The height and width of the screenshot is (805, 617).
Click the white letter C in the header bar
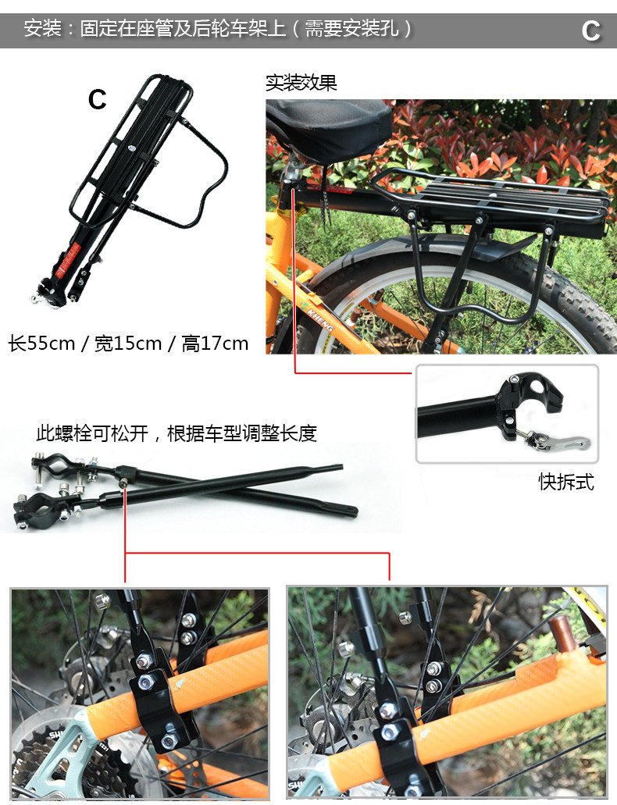[590, 30]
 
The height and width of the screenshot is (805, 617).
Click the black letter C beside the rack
[97, 99]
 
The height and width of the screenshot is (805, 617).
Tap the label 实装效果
[301, 83]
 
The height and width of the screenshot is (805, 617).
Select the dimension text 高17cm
[215, 344]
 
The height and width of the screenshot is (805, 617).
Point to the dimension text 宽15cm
[128, 344]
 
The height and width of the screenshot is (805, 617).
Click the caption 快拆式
[566, 482]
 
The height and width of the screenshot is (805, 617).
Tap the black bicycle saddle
[328, 125]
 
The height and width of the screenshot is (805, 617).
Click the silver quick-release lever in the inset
[558, 441]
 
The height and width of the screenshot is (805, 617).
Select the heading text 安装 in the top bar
[38, 30]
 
